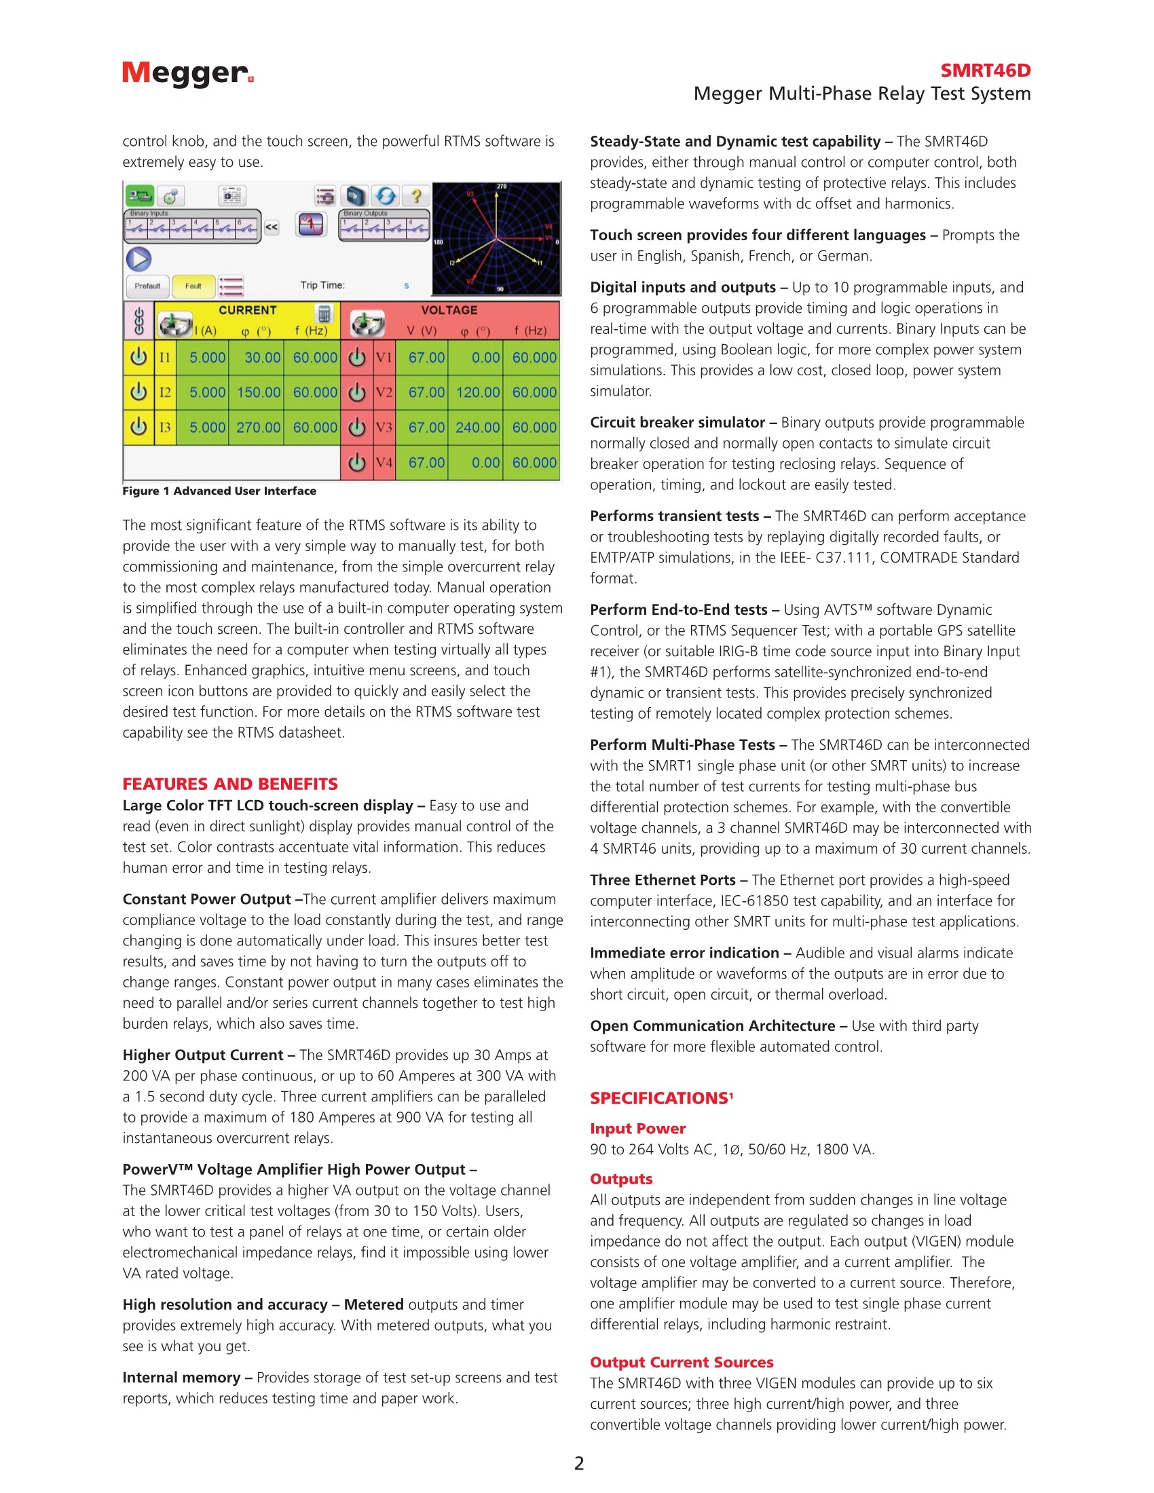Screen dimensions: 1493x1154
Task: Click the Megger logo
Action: pos(187,73)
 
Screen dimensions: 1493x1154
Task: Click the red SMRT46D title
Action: pos(984,71)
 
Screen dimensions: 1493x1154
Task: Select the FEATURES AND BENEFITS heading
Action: pos(229,783)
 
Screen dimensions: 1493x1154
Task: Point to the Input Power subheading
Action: pos(637,1128)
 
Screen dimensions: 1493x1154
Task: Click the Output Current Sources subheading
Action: pos(681,1362)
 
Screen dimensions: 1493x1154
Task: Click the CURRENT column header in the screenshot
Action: pos(248,310)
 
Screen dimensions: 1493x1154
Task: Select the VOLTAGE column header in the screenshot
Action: pos(449,310)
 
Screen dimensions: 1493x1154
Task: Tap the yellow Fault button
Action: pos(193,286)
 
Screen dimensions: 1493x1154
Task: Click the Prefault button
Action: pos(147,286)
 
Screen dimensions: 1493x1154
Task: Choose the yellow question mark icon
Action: pos(415,197)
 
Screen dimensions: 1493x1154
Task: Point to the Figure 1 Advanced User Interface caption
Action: pos(219,491)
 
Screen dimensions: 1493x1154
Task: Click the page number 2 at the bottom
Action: pos(579,1463)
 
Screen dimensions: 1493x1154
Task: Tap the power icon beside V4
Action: pos(357,463)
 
